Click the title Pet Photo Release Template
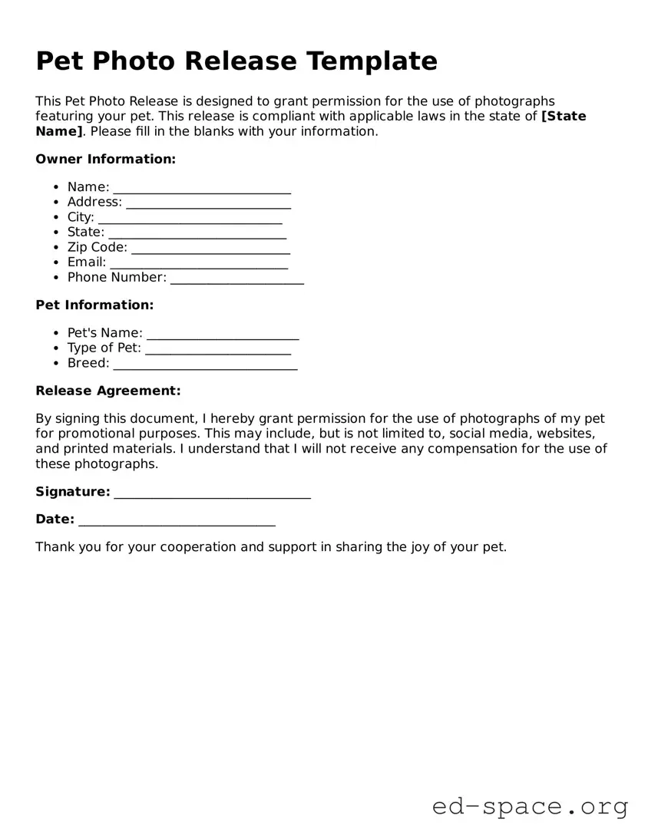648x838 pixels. click(236, 61)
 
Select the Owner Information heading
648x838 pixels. click(106, 160)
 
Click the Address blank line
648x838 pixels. click(208, 203)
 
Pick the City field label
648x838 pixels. click(81, 217)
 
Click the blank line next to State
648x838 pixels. click(197, 233)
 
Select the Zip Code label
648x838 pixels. click(98, 247)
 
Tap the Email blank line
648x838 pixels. click(199, 262)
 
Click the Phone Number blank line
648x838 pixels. click(237, 278)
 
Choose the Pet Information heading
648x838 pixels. click(94, 305)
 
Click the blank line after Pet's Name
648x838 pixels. click(223, 333)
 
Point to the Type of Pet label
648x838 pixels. click(104, 348)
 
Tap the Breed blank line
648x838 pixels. click(205, 364)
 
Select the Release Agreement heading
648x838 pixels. click(108, 391)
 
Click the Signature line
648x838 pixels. click(213, 493)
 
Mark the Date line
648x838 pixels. click(177, 520)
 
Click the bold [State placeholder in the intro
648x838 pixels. click(564, 117)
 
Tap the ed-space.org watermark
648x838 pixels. click(530, 807)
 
